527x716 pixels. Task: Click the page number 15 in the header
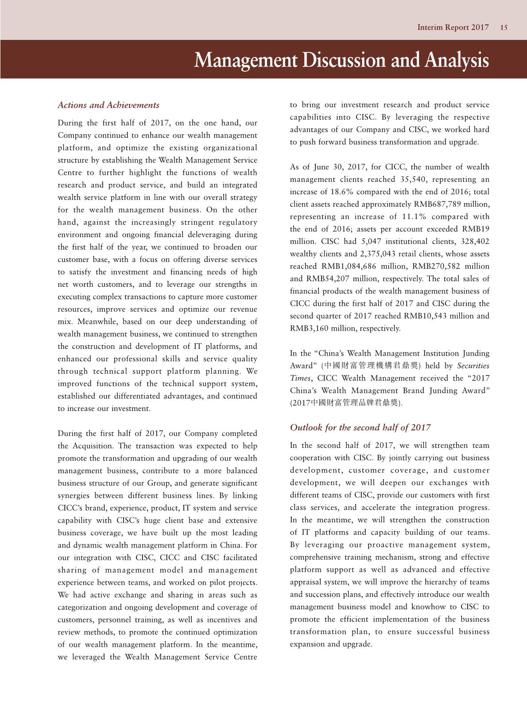504,27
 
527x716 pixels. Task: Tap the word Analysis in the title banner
456,60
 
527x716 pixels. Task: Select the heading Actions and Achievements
108,105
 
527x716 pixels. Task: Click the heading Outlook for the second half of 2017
360,427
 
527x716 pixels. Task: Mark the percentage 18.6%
342,192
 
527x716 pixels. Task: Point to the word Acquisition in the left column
92,446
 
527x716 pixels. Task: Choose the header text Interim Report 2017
453,27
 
